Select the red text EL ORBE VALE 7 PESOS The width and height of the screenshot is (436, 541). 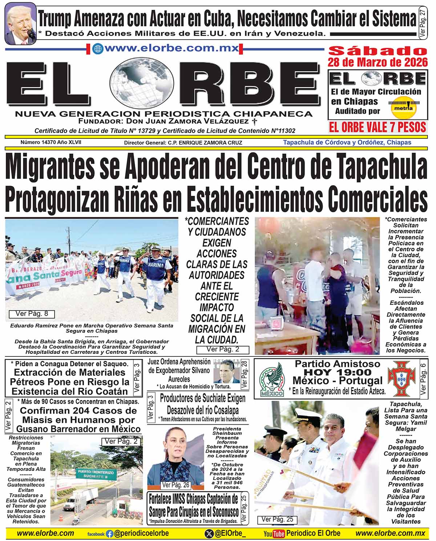(x=377, y=127)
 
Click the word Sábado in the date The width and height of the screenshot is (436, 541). (x=378, y=51)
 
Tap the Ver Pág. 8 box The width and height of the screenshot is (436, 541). (x=32, y=314)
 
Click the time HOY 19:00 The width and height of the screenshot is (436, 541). (x=338, y=372)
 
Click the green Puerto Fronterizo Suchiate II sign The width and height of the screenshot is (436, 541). (x=96, y=474)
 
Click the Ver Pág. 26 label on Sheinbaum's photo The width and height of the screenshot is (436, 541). (x=176, y=485)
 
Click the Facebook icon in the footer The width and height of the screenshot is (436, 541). (x=109, y=534)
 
